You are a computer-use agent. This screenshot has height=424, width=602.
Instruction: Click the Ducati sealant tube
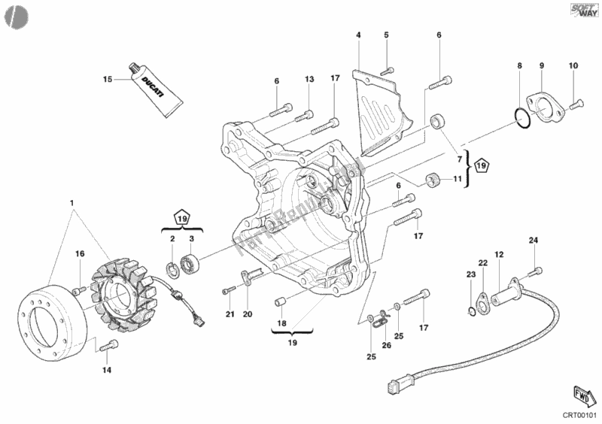point(156,89)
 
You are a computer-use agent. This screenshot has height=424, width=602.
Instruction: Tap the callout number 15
point(108,78)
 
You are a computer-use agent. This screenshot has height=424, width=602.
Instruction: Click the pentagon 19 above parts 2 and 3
point(181,219)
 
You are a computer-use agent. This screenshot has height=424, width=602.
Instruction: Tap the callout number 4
point(359,35)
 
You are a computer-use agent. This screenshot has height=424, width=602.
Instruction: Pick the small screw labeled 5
point(385,68)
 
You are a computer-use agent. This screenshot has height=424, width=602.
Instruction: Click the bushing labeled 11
point(433,180)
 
